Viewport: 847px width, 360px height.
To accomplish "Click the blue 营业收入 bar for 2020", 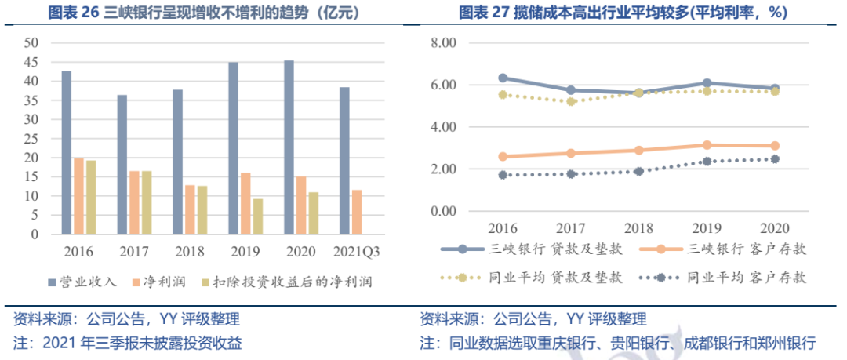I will [289, 147].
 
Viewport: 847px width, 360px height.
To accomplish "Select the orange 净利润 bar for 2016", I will [78, 196].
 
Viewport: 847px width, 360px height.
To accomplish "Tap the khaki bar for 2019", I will [258, 216].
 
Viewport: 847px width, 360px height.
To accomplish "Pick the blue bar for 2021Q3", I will [344, 161].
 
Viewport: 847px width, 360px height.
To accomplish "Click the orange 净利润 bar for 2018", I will [190, 209].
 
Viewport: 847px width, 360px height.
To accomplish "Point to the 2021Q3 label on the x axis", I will [356, 253].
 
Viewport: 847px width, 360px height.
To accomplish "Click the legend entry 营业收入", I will [82, 281].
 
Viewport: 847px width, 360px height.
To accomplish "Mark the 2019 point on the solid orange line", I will [707, 145].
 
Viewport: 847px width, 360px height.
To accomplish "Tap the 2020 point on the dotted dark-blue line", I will [775, 159].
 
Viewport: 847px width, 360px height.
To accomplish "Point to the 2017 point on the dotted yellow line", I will [571, 101].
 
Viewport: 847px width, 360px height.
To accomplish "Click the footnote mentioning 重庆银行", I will [618, 343].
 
